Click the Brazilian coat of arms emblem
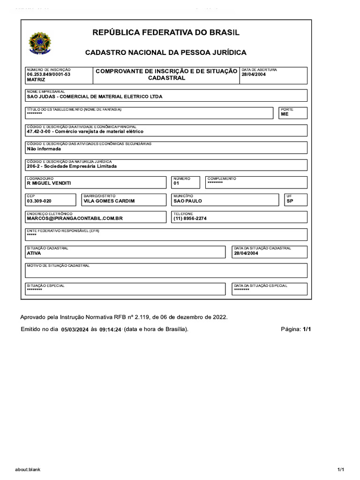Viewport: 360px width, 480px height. point(41,43)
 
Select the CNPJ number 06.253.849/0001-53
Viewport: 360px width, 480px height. point(49,75)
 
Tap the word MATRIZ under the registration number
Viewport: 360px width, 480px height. point(36,80)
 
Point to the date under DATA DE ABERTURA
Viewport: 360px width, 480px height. point(254,75)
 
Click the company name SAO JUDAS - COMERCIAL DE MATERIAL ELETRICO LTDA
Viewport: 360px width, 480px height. point(95,97)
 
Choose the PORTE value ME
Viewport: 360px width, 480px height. point(285,114)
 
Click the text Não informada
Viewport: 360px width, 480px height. point(44,149)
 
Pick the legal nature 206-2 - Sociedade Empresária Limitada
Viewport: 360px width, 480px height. point(72,166)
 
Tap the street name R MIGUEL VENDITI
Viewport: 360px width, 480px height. point(49,183)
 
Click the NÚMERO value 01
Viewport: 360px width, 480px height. point(176,183)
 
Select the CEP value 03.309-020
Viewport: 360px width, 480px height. point(39,201)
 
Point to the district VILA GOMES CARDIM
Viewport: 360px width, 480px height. point(109,201)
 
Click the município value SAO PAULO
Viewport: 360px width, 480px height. point(187,201)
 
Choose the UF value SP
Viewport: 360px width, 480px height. point(290,201)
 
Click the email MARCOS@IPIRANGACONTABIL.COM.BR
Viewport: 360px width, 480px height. point(75,218)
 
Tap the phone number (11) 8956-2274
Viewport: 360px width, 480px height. point(190,218)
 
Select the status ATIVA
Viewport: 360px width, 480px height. point(34,253)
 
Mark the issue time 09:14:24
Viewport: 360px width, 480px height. point(110,330)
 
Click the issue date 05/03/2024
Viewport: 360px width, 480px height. point(75,330)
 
